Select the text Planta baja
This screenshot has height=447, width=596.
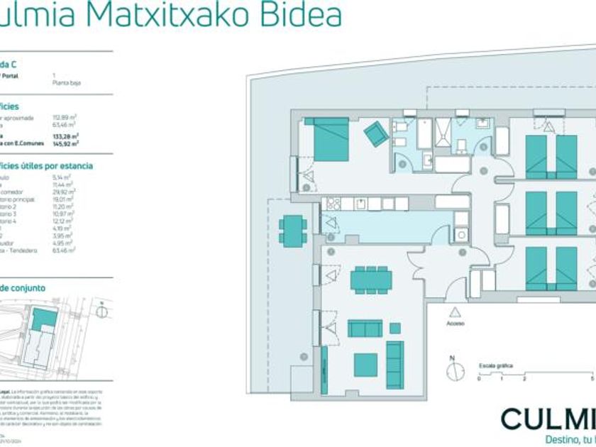pos(67,83)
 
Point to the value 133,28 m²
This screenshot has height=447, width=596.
pos(65,136)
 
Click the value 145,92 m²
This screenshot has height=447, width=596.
pos(65,143)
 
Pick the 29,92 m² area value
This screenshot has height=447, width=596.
pos(64,192)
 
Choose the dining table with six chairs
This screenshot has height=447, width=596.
pos(370,279)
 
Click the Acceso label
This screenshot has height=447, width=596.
pos(455,324)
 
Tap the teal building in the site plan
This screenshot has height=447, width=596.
pos(44,319)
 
